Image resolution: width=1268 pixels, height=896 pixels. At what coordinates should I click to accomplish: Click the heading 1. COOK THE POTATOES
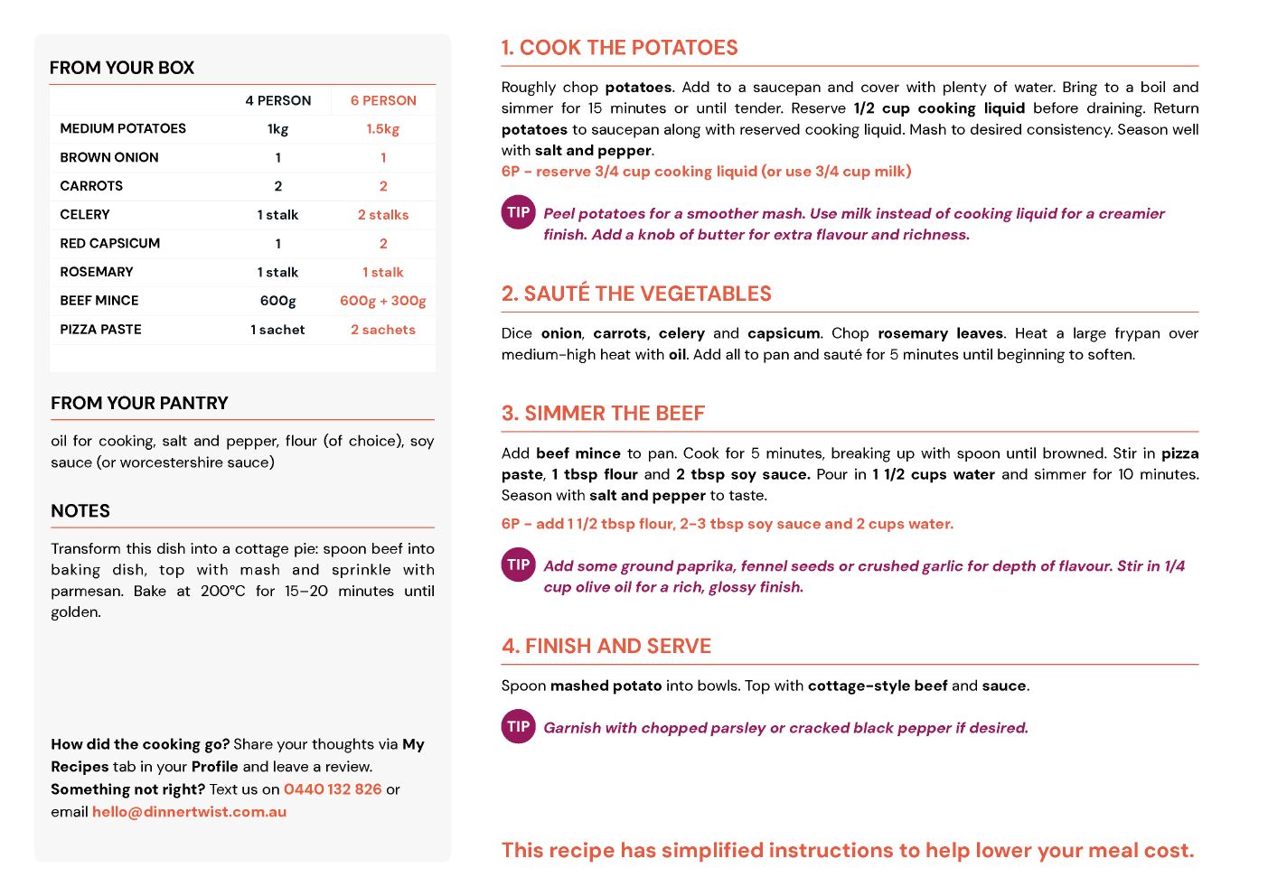point(619,48)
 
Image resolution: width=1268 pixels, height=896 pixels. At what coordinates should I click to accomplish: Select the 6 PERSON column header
point(383,100)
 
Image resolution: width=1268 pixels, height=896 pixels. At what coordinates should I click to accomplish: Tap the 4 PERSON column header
point(278,100)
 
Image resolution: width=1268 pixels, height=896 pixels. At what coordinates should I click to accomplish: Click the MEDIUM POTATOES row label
point(123,128)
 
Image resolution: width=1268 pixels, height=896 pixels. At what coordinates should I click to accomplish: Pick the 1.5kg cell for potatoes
point(383,128)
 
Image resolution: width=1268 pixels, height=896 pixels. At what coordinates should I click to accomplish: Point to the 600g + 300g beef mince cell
point(383,301)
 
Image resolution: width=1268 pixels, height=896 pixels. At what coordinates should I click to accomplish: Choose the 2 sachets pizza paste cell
point(383,330)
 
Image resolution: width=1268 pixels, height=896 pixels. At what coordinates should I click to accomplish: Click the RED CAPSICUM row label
point(110,243)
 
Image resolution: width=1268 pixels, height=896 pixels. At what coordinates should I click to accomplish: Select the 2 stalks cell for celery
point(383,215)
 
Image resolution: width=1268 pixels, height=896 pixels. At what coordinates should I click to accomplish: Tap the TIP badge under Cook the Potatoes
point(518,213)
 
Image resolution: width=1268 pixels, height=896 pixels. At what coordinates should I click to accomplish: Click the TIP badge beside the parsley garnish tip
point(518,727)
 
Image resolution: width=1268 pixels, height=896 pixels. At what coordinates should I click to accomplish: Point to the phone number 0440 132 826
point(333,789)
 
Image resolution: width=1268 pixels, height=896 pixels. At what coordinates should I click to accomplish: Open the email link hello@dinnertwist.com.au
point(189,812)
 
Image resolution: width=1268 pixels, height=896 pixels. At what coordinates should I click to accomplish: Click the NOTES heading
point(80,511)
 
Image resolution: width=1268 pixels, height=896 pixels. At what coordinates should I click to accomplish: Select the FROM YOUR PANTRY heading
point(139,404)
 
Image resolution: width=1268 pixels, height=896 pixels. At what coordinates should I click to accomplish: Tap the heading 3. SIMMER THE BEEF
point(603,414)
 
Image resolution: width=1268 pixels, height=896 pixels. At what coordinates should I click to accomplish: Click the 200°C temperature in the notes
point(222,592)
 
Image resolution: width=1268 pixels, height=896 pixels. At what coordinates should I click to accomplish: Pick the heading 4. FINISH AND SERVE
point(606,647)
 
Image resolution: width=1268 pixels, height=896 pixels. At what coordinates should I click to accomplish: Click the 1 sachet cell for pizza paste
point(278,330)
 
